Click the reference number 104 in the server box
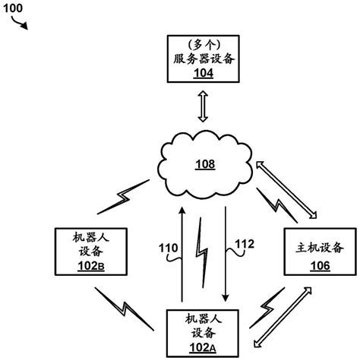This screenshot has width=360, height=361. click(x=201, y=74)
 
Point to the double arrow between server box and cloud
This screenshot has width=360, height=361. click(x=202, y=107)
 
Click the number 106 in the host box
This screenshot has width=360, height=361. click(x=318, y=266)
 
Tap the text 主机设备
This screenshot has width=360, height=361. click(x=318, y=249)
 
